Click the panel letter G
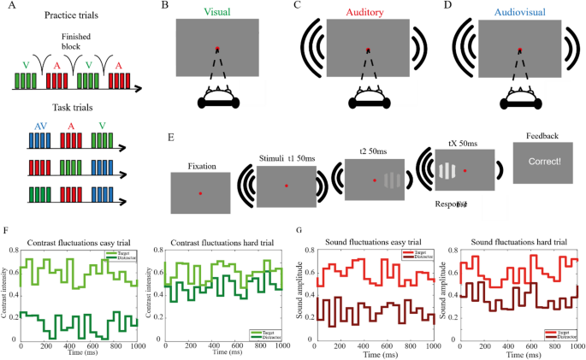(x=297, y=230)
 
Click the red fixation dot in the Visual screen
(x=217, y=49)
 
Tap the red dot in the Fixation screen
(x=200, y=194)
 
